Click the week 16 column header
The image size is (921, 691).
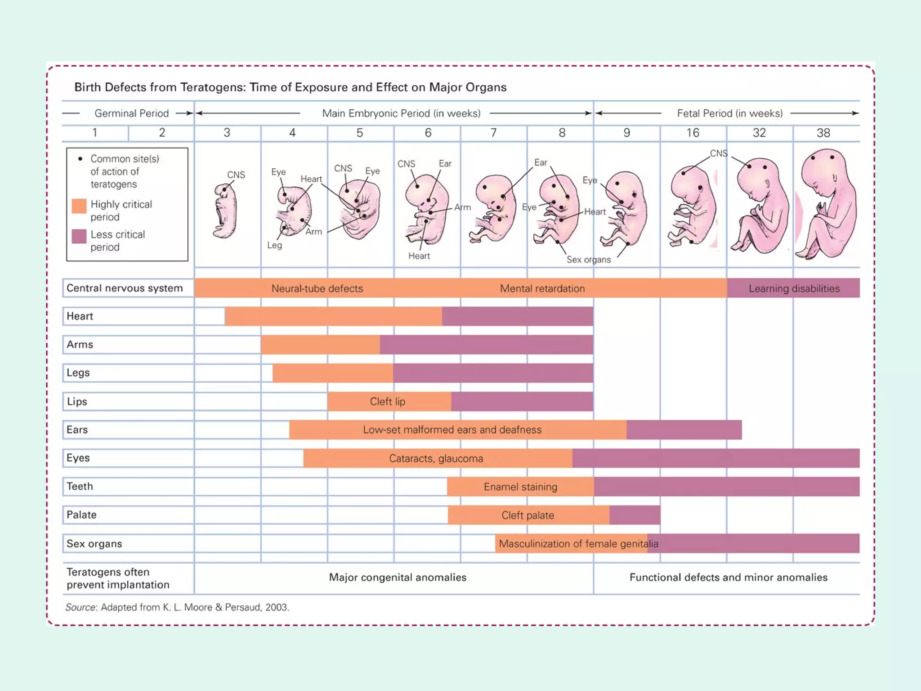[x=693, y=133]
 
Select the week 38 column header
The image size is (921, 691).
[x=823, y=133]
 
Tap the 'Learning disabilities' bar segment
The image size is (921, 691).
[x=794, y=288]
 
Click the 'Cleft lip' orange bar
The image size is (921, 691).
[x=388, y=401]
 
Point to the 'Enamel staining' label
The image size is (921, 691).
[x=520, y=487]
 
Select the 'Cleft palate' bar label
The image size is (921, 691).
[x=528, y=515]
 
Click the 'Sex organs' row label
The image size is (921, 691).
[x=94, y=543]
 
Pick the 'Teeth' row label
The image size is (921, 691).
[x=80, y=486]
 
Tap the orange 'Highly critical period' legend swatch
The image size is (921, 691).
[x=79, y=206]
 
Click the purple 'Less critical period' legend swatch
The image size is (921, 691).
[x=79, y=236]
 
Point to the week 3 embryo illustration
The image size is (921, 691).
[x=225, y=211]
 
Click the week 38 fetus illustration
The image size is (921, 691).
[x=827, y=205]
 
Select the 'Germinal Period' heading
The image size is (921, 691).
[x=131, y=113]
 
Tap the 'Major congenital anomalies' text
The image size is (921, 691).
[x=398, y=577]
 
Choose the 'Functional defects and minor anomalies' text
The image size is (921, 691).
[x=728, y=577]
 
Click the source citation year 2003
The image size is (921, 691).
[x=276, y=607]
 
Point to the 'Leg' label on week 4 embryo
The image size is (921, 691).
[x=274, y=245]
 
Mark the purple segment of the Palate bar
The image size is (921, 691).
[x=635, y=515]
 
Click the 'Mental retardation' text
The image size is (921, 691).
[x=542, y=288]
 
